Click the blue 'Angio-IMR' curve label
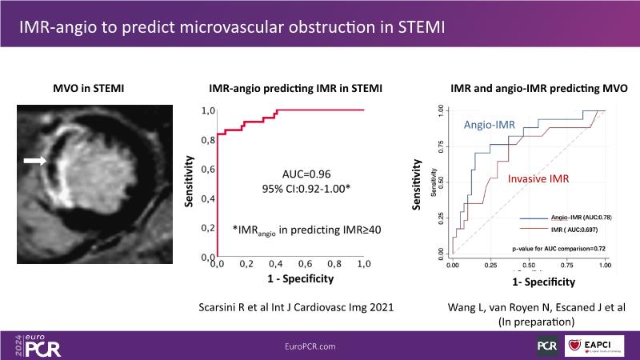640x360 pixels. point(490,126)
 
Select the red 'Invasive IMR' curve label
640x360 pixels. point(538,179)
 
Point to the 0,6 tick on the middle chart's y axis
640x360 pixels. point(207,169)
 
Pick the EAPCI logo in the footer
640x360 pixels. point(595,344)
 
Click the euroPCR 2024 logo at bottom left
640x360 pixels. point(36,344)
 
